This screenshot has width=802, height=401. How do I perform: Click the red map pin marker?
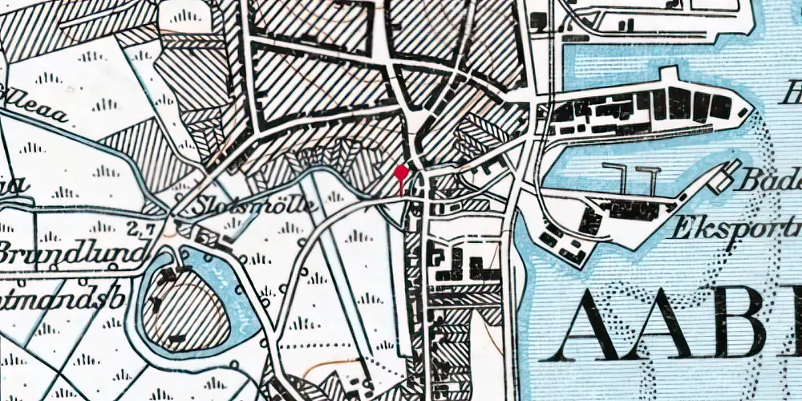click(x=401, y=171)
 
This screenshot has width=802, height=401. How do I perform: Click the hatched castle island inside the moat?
click(x=180, y=309)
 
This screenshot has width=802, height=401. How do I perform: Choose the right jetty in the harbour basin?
click(x=646, y=180)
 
